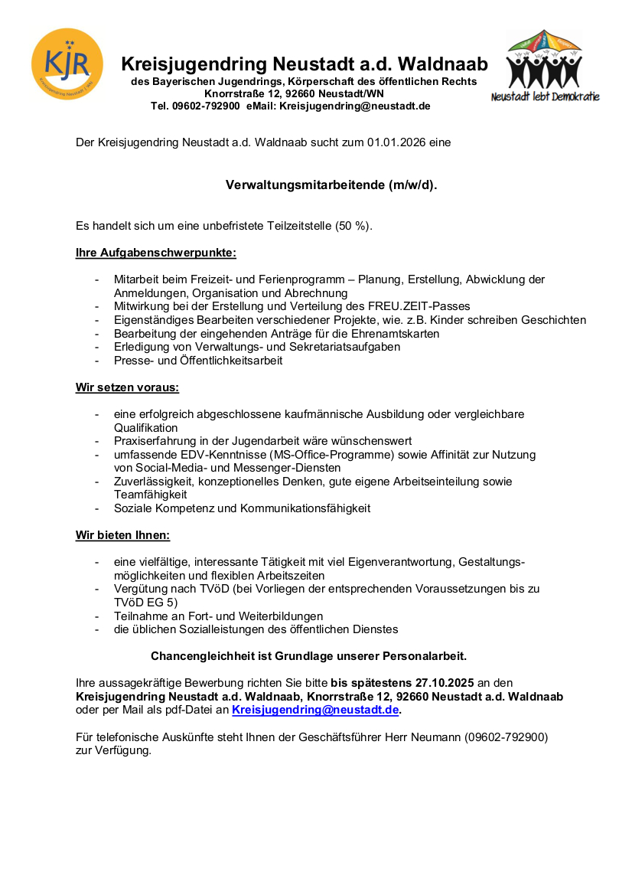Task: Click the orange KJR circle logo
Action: (67, 64)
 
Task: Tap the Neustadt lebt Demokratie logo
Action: (545, 67)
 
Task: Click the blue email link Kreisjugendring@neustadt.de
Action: (315, 710)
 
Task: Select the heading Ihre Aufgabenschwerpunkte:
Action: (156, 252)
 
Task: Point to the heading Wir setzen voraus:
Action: (127, 387)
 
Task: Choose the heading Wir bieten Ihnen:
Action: (122, 534)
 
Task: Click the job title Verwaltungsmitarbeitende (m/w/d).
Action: (331, 185)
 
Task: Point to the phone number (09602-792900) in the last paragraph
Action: (506, 738)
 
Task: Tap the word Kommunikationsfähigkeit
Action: (305, 508)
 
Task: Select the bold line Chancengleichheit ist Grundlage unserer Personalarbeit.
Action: (308, 656)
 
